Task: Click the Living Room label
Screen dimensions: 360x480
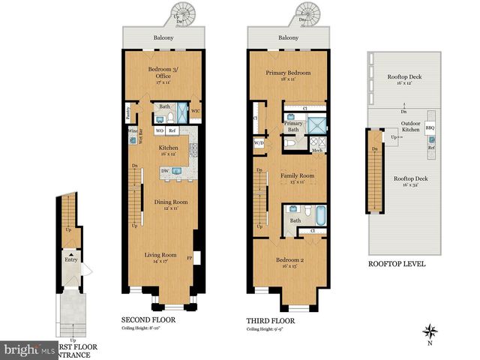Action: [160, 254]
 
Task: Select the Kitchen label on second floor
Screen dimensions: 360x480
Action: [168, 148]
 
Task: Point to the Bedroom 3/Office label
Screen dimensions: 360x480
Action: [162, 71]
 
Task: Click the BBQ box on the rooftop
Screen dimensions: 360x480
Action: [430, 127]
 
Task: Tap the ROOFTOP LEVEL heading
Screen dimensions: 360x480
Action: [397, 263]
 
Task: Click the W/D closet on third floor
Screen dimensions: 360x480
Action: [259, 142]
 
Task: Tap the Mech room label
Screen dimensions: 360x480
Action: [316, 151]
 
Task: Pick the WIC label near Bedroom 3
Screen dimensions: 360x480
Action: [195, 112]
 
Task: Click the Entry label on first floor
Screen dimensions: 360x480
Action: [71, 259]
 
